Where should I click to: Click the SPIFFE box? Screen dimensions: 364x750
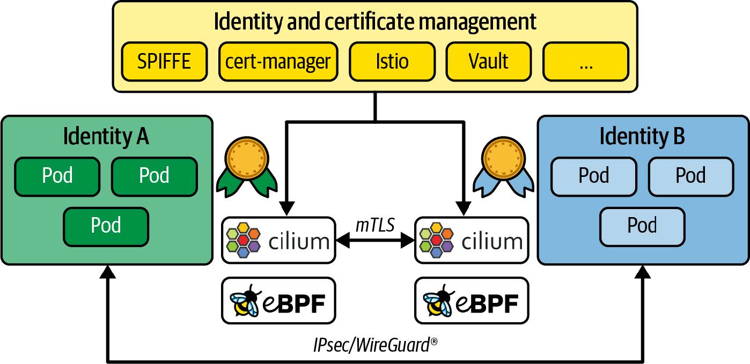(x=164, y=62)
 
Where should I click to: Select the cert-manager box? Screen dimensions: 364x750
(x=278, y=62)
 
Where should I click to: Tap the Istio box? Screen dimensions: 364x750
(x=392, y=62)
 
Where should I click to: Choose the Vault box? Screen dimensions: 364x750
(x=489, y=62)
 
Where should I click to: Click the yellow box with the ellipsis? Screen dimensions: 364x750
(x=586, y=62)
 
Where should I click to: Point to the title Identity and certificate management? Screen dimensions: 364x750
(x=375, y=23)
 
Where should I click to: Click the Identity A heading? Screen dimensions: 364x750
(x=106, y=136)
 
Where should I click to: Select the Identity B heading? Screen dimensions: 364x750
(x=642, y=136)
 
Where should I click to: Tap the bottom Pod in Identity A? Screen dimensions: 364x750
(x=106, y=226)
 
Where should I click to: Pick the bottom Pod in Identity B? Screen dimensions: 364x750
(x=642, y=226)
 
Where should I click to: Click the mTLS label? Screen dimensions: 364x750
(x=375, y=225)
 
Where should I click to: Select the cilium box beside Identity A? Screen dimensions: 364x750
(x=278, y=240)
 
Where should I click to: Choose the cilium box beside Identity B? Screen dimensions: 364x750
(x=472, y=240)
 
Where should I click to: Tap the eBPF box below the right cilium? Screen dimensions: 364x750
(x=472, y=301)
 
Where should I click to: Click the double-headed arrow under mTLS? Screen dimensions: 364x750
(x=375, y=242)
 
